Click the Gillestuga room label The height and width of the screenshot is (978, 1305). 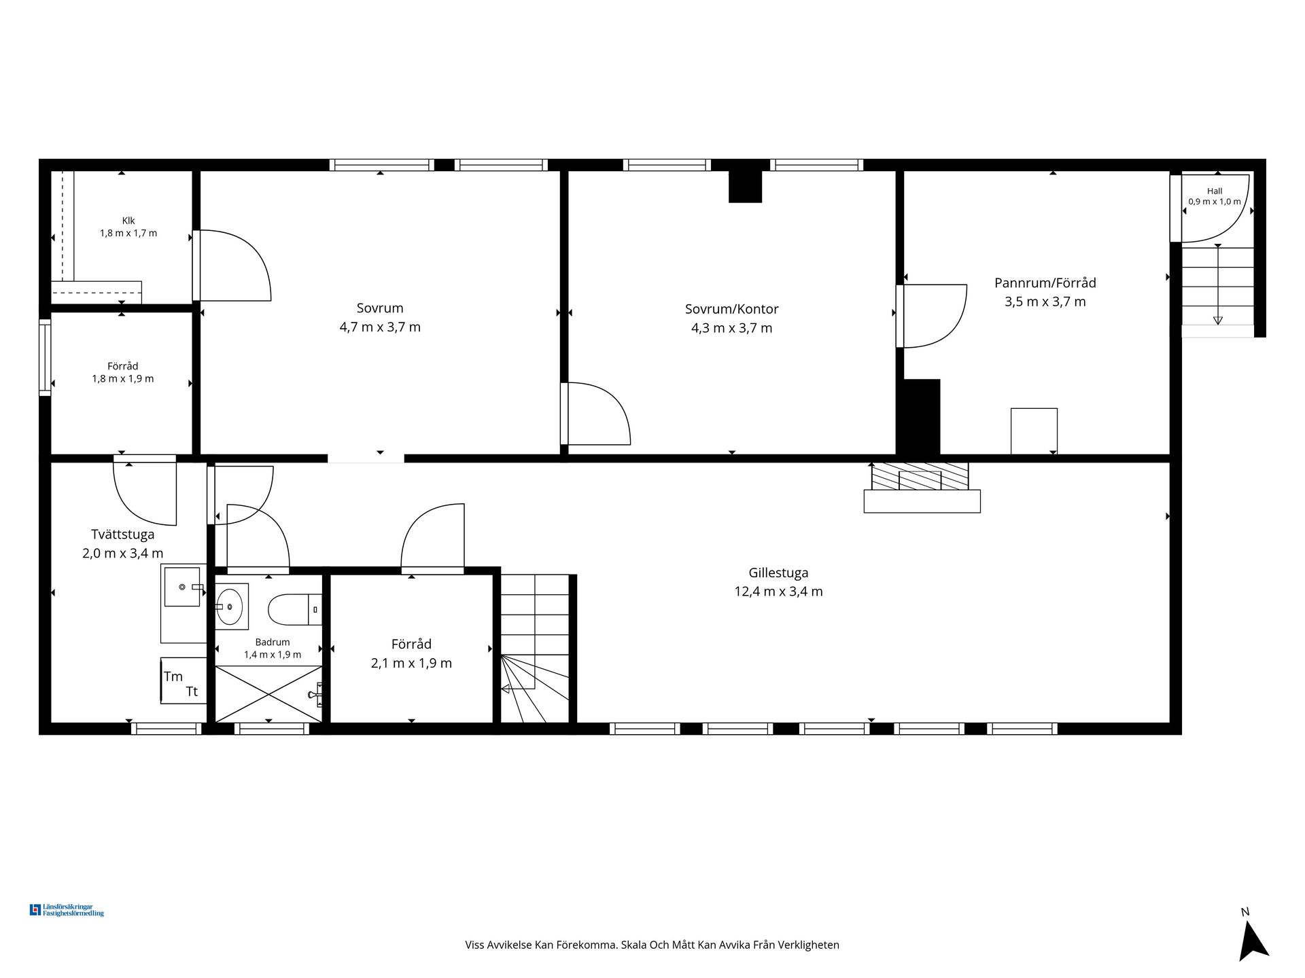(x=778, y=573)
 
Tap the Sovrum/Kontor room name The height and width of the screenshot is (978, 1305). (x=731, y=309)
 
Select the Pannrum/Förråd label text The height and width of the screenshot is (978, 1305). (x=1045, y=283)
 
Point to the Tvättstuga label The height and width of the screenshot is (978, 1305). (x=123, y=535)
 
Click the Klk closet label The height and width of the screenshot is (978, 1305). (x=128, y=221)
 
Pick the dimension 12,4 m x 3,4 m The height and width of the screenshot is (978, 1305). (x=778, y=592)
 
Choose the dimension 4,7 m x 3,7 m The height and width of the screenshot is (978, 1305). (x=380, y=327)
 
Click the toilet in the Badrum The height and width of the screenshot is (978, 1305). (x=294, y=609)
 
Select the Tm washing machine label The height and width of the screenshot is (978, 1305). (x=173, y=676)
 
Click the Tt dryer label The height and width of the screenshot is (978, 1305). (x=192, y=691)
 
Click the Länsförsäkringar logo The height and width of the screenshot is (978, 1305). (x=67, y=910)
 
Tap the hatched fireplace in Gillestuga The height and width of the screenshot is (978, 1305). (x=920, y=476)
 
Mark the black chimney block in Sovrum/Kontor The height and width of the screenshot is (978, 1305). (x=745, y=186)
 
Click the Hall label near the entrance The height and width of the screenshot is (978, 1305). (x=1215, y=192)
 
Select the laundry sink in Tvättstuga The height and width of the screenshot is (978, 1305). (x=184, y=586)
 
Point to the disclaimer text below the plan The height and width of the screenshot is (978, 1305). (x=652, y=945)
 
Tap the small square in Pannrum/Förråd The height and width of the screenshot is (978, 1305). (x=1034, y=431)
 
